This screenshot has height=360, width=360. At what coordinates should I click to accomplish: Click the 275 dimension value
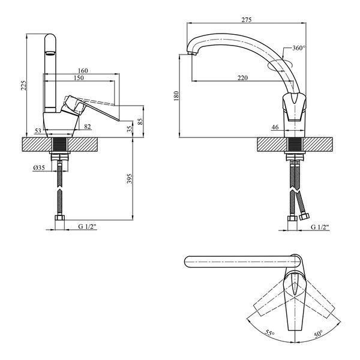pyautogui.click(x=247, y=20)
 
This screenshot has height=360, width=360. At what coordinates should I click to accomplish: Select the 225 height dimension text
pyautogui.click(x=24, y=85)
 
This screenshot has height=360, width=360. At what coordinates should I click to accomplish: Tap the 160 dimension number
pyautogui.click(x=83, y=71)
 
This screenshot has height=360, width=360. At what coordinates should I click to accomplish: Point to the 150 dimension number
pyautogui.click(x=79, y=78)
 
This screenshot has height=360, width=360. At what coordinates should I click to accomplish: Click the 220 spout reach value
pyautogui.click(x=242, y=78)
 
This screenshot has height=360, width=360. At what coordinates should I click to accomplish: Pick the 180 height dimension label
pyautogui.click(x=176, y=96)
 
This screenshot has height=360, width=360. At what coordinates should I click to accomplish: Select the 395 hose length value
pyautogui.click(x=130, y=179)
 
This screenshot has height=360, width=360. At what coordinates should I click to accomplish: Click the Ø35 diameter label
pyautogui.click(x=39, y=168)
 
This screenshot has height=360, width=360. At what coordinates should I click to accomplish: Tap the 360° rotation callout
pyautogui.click(x=299, y=48)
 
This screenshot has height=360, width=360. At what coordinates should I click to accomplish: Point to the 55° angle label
pyautogui.click(x=269, y=333)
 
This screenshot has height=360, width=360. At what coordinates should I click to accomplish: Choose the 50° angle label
pyautogui.click(x=319, y=334)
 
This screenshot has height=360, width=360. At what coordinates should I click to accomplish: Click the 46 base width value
pyautogui.click(x=275, y=127)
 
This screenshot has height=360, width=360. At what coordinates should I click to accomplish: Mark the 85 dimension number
pyautogui.click(x=140, y=121)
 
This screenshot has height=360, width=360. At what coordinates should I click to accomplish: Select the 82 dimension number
pyautogui.click(x=88, y=127)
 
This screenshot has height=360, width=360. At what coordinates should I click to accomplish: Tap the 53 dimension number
pyautogui.click(x=38, y=131)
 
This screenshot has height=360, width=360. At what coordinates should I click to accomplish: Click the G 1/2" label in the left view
pyautogui.click(x=87, y=227)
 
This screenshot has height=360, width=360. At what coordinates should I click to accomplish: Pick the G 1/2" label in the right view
pyautogui.click(x=320, y=227)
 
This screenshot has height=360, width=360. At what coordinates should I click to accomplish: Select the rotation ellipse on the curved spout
pyautogui.click(x=281, y=65)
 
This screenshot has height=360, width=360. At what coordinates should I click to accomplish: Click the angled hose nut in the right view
pyautogui.click(x=304, y=217)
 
